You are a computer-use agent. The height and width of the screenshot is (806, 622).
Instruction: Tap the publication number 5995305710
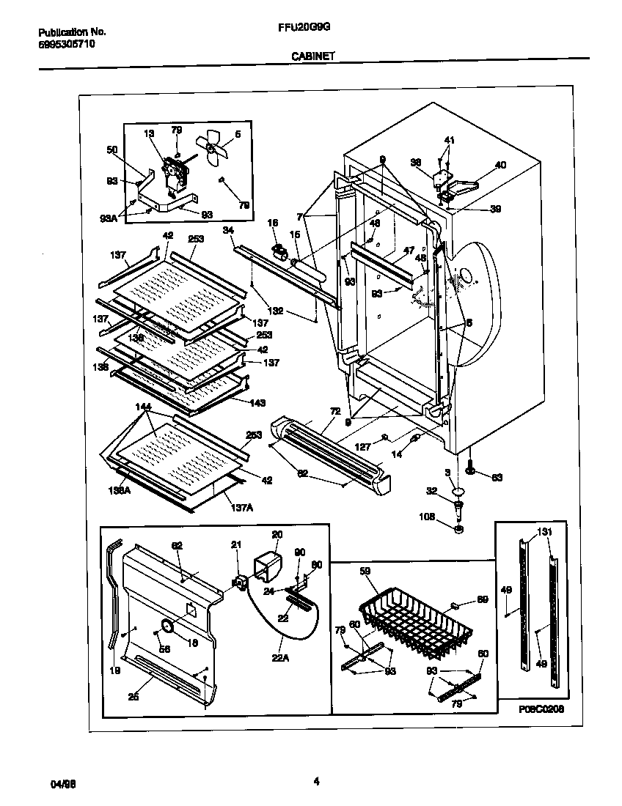pyautogui.click(x=65, y=44)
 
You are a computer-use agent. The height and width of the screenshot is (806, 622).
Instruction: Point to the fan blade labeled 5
pyautogui.click(x=213, y=149)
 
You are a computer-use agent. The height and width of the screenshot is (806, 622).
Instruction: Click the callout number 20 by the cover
pyautogui.click(x=277, y=534)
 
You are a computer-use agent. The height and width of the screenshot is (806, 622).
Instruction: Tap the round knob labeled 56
pyautogui.click(x=166, y=625)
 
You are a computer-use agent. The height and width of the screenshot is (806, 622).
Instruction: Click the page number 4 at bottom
pyautogui.click(x=316, y=782)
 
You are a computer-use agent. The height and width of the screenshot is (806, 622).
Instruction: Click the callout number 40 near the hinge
pyautogui.click(x=500, y=165)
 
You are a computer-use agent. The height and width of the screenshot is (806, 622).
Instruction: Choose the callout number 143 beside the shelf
pyautogui.click(x=257, y=402)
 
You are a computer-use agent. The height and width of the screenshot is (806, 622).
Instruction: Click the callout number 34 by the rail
pyautogui.click(x=227, y=231)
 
